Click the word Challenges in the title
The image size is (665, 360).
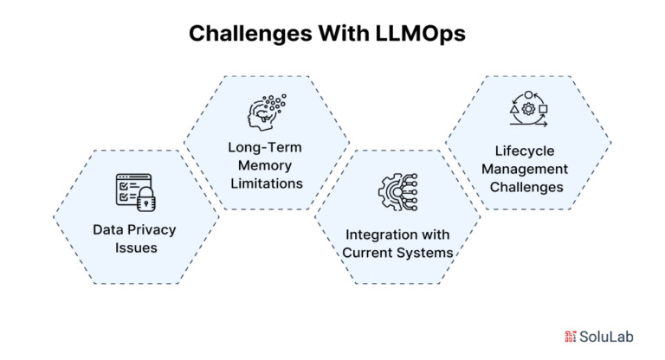[x=250, y=34]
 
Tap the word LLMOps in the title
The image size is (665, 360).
[x=420, y=33]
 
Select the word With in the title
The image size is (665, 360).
[x=344, y=33]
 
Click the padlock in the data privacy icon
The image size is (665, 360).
[x=146, y=199]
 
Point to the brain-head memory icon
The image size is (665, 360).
[x=267, y=112]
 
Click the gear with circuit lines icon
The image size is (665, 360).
[x=397, y=192]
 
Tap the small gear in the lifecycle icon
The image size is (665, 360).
[x=528, y=109]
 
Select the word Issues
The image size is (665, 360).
[x=136, y=247]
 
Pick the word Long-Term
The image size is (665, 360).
[x=265, y=147]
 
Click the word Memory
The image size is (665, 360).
[x=265, y=165]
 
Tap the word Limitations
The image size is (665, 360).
[x=267, y=183]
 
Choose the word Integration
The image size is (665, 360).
[x=378, y=235]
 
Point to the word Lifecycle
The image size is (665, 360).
[x=525, y=151]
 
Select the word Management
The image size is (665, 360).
[x=525, y=170]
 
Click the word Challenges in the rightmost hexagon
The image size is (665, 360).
[x=526, y=187]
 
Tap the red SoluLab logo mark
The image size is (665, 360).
[x=570, y=337]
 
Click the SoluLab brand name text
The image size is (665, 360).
[x=606, y=337]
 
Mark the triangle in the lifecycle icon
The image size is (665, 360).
[x=514, y=109]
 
